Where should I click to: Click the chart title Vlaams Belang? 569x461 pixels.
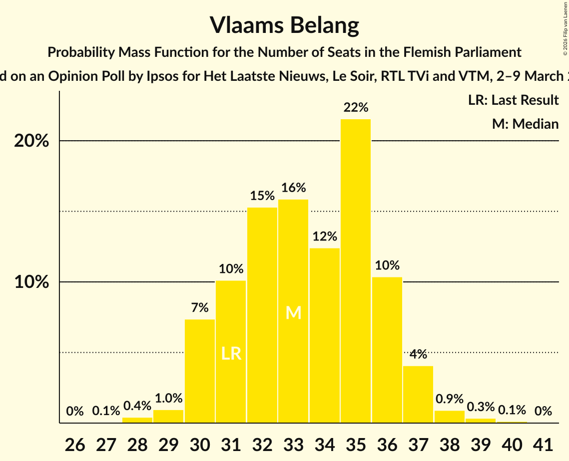[284, 25]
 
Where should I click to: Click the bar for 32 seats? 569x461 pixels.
[262, 315]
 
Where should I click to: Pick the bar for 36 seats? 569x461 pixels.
[387, 350]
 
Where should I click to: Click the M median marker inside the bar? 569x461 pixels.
[293, 313]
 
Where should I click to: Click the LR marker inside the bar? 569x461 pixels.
[231, 354]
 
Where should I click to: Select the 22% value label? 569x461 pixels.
[356, 107]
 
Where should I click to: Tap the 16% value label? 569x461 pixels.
[293, 188]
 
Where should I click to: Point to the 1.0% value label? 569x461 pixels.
[168, 399]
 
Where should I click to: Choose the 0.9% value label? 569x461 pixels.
[449, 399]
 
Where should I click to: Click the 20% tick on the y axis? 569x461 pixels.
[31, 141]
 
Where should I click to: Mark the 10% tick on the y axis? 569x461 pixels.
[31, 282]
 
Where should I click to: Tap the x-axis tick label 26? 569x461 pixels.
[75, 444]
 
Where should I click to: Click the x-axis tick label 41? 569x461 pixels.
[543, 444]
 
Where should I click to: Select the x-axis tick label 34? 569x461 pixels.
[325, 444]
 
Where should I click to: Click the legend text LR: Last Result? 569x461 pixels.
[513, 100]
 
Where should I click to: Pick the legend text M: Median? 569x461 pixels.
[525, 124]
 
